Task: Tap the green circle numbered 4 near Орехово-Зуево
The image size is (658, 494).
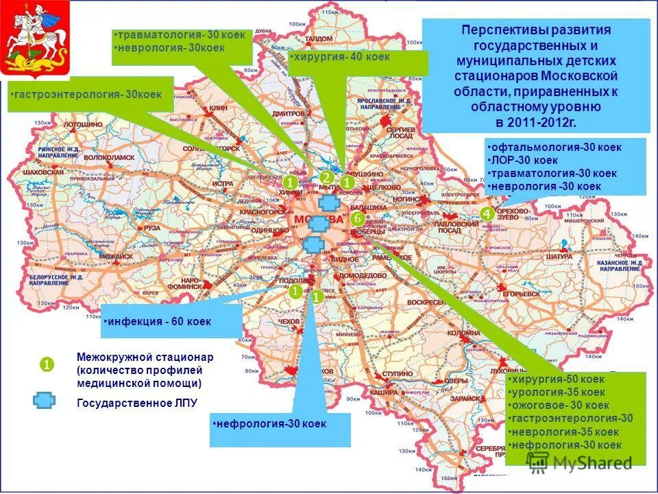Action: tap(487, 214)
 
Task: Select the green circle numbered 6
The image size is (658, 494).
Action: tap(357, 218)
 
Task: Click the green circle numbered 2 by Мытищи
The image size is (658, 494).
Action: tap(326, 177)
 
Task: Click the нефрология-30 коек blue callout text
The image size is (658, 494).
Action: tap(270, 424)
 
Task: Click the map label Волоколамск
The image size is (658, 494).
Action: tap(110, 157)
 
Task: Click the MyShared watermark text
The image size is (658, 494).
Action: tap(589, 463)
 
